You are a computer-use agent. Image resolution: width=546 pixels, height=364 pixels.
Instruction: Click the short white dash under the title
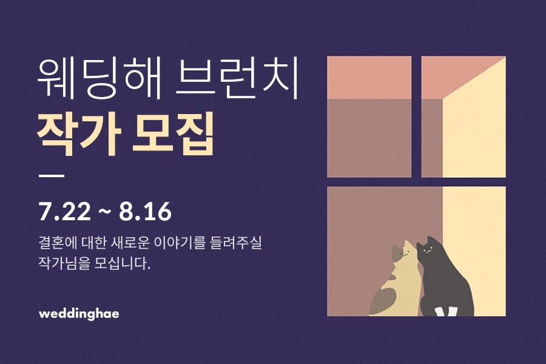coord(51,176)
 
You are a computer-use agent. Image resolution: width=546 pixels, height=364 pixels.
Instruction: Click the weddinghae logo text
coord(78,314)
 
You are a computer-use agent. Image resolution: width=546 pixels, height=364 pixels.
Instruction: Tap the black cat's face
coord(428,248)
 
